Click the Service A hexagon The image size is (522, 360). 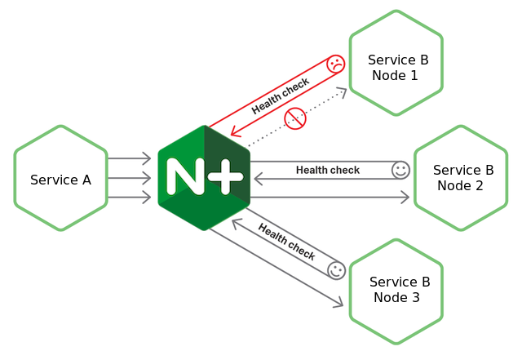[x=60, y=179]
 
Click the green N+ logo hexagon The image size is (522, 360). [x=204, y=178]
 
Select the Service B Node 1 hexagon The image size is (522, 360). [x=396, y=64]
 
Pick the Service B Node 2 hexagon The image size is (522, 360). [x=461, y=178]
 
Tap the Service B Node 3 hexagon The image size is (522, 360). [x=396, y=291]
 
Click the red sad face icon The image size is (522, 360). [x=335, y=64]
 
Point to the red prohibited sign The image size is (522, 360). [x=294, y=119]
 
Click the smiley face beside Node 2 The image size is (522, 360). [x=400, y=170]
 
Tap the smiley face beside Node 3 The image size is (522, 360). [x=336, y=269]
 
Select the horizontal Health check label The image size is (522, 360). [x=328, y=170]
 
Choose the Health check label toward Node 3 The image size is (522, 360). [x=286, y=242]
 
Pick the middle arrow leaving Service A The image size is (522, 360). [x=129, y=178]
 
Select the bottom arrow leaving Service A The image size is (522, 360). [x=129, y=197]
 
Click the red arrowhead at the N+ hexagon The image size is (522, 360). [x=236, y=131]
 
